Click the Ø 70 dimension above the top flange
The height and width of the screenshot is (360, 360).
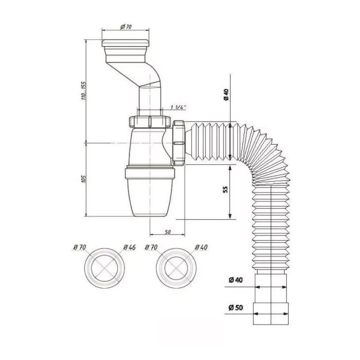click(126, 26)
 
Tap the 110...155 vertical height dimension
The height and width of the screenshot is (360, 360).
click(84, 91)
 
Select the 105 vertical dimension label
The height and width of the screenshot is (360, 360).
click(84, 179)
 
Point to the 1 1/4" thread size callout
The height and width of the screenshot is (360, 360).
click(179, 107)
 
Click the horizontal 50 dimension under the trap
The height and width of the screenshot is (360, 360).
click(168, 232)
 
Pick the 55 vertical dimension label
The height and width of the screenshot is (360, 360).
click(226, 189)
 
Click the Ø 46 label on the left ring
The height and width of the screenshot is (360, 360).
click(129, 247)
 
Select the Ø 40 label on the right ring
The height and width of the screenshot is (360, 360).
click(201, 247)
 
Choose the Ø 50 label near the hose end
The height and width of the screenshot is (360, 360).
click(236, 308)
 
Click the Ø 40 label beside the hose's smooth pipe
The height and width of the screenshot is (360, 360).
click(236, 280)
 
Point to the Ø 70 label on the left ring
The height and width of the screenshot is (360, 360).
click(80, 247)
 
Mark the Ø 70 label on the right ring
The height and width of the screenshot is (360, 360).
click(151, 247)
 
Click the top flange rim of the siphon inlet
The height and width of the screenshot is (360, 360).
click(125, 43)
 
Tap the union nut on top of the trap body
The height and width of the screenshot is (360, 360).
click(150, 122)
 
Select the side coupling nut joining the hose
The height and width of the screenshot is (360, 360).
click(179, 143)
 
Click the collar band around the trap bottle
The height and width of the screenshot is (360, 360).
click(150, 173)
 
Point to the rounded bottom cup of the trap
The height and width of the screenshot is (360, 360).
click(150, 197)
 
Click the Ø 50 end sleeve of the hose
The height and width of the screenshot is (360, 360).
click(271, 314)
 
